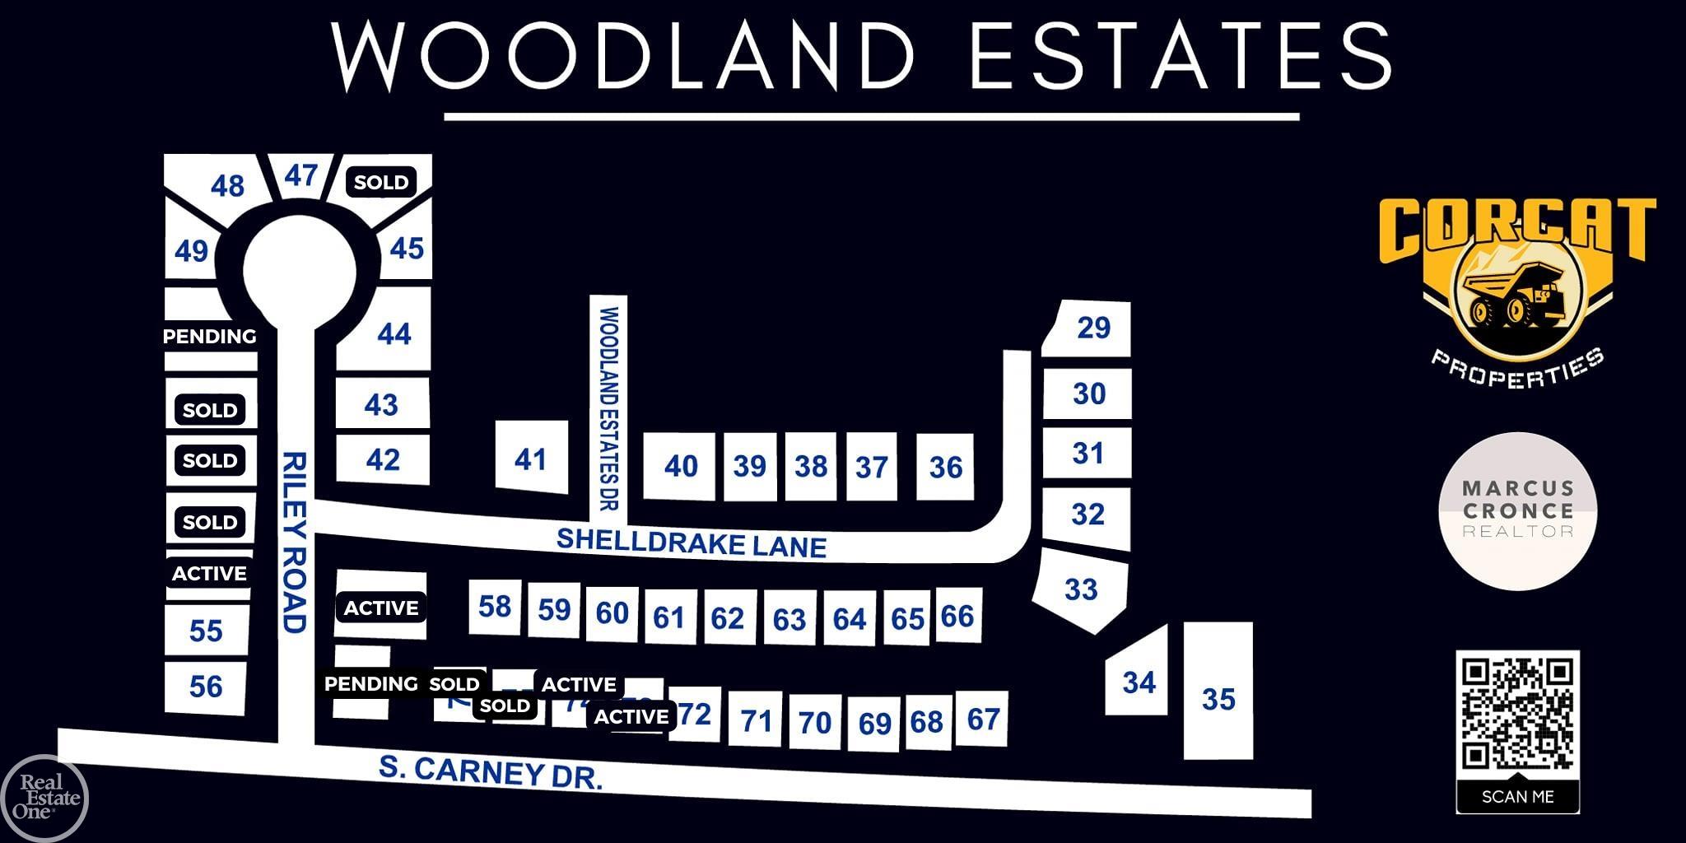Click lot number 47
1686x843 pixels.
coord(301,175)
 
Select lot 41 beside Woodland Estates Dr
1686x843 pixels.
coord(530,459)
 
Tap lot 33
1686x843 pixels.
coord(1081,589)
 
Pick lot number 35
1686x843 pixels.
coord(1218,699)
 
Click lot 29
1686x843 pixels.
coord(1093,328)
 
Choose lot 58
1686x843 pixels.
coord(495,606)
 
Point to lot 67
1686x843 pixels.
coord(983,719)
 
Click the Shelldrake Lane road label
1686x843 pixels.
coord(692,543)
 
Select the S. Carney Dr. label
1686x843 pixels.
coord(491,772)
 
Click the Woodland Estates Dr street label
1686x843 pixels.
coord(609,409)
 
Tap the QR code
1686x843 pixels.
coord(1517,713)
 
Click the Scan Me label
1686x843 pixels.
coord(1517,797)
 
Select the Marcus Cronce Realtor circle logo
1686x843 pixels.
coord(1517,511)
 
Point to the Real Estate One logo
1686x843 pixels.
coord(45,797)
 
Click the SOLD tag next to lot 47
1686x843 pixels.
coord(381,182)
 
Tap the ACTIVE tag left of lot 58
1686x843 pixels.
coord(381,608)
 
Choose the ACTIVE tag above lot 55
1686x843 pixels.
coord(209,573)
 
